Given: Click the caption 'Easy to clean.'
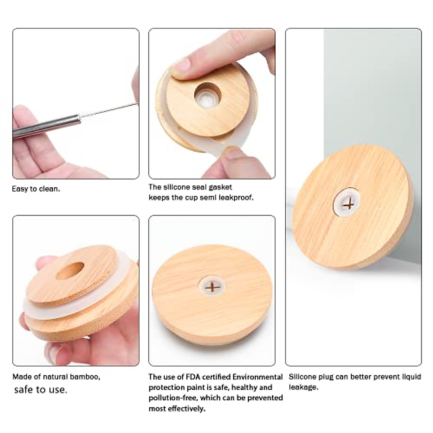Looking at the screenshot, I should (x=36, y=189).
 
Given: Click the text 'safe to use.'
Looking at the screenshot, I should (x=40, y=390).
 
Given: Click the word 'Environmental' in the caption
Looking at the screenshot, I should (x=257, y=377).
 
